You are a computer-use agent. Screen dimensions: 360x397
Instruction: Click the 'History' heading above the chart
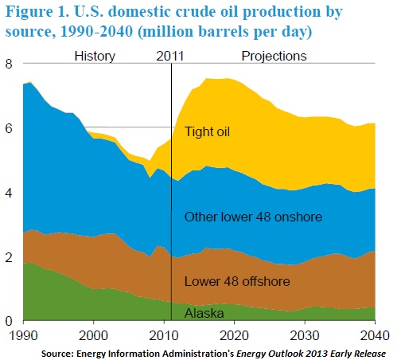click(x=95, y=57)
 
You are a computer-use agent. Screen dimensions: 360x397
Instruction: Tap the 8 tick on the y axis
click(x=10, y=65)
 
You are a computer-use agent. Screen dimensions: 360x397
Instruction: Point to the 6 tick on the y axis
click(x=10, y=129)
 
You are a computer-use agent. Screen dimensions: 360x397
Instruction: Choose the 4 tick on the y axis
click(x=10, y=194)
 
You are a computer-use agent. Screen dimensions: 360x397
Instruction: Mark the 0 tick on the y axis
click(x=10, y=322)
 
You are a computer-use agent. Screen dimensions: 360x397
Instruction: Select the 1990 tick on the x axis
click(x=25, y=335)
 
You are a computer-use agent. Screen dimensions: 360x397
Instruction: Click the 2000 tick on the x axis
click(x=95, y=335)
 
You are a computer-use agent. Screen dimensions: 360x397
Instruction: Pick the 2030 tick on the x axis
click(x=304, y=335)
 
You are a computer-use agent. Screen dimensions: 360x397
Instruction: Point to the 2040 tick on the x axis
click(x=372, y=335)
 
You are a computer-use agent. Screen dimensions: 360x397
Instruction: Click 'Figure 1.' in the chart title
click(x=37, y=14)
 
